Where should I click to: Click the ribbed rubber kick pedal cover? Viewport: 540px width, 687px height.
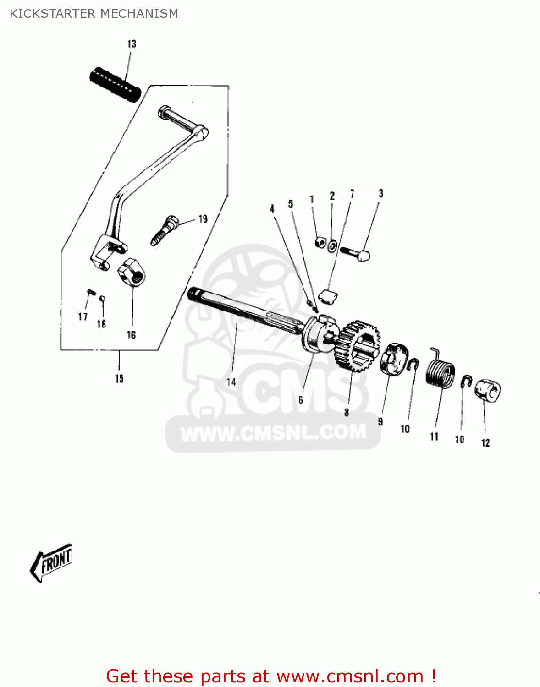coord(115,84)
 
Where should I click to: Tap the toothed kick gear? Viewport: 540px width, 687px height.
coord(357,345)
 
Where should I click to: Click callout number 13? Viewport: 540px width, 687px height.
coord(132,44)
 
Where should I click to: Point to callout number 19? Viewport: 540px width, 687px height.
coord(203,219)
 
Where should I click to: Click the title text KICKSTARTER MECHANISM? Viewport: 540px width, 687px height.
coord(94,14)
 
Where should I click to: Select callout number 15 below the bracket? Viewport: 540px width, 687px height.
coord(119,378)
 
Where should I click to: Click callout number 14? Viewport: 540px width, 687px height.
coord(231,382)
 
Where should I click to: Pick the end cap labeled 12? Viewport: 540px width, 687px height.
coord(487,391)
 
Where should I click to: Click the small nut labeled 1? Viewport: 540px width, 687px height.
coord(320,243)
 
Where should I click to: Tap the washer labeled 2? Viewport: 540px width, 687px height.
coord(332,245)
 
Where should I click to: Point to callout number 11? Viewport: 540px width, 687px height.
coord(435,436)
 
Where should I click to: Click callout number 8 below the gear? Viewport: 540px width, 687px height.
coord(347,412)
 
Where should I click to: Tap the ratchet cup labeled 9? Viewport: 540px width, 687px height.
coord(394,359)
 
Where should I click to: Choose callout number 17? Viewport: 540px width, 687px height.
coord(83,316)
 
